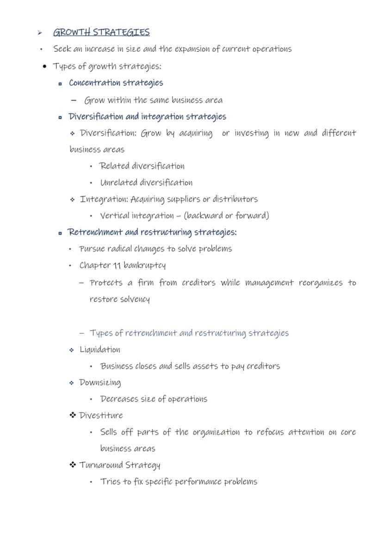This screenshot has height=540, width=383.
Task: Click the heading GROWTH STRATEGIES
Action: click(x=101, y=32)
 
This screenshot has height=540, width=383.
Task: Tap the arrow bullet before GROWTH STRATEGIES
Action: click(x=40, y=33)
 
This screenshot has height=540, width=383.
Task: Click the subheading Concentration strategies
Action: click(x=116, y=83)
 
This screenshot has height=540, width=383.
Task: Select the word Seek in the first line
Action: click(x=62, y=49)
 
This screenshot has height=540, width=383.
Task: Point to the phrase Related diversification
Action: click(x=142, y=166)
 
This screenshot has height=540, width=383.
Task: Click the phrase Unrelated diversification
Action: click(x=146, y=183)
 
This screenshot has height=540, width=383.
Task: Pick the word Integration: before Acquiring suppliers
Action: click(x=104, y=199)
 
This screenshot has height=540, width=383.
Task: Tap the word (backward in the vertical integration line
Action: click(x=203, y=215)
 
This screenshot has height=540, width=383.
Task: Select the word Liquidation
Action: click(x=100, y=350)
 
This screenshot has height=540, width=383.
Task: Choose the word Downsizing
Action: click(x=100, y=383)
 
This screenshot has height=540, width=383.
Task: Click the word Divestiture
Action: click(x=101, y=416)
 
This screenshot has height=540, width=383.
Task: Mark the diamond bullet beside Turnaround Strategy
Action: click(x=73, y=465)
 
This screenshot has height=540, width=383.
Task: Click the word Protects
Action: click(x=106, y=282)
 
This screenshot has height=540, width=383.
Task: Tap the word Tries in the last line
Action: click(x=110, y=482)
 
